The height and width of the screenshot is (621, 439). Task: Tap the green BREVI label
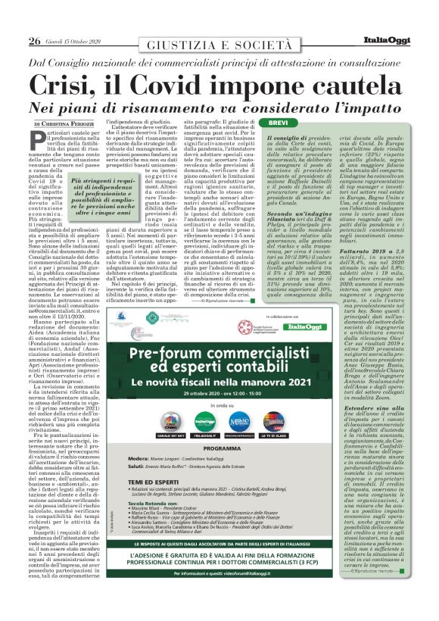tap(278, 123)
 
